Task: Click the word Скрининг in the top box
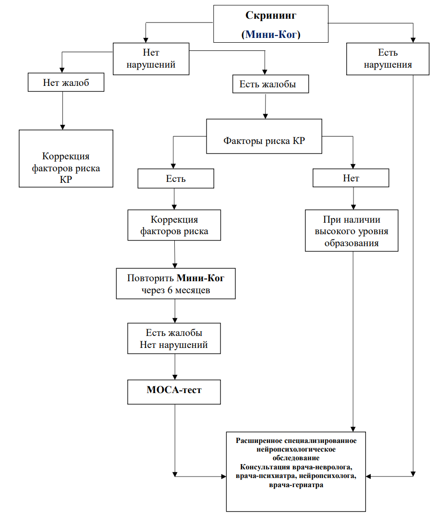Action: pyautogui.click(x=271, y=15)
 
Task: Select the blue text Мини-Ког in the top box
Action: pyautogui.click(x=271, y=34)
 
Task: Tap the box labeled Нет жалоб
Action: pyautogui.click(x=66, y=82)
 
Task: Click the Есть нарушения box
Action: pyautogui.click(x=388, y=59)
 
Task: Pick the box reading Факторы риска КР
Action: pyautogui.click(x=264, y=136)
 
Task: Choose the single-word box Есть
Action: pyautogui.click(x=176, y=179)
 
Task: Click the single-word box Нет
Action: pyautogui.click(x=351, y=178)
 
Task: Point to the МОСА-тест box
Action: pyautogui.click(x=174, y=392)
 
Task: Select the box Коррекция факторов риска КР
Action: pyautogui.click(x=66, y=158)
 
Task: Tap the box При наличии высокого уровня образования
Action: pyautogui.click(x=352, y=231)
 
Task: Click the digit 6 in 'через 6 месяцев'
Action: pyautogui.click(x=170, y=290)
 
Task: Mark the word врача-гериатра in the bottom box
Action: pyautogui.click(x=296, y=485)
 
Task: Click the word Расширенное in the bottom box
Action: pyautogui.click(x=259, y=441)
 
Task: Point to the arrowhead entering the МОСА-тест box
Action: pyautogui.click(x=175, y=377)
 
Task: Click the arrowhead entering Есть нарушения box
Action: pyautogui.click(x=413, y=40)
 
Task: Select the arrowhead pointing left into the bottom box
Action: pyautogui.click(x=368, y=477)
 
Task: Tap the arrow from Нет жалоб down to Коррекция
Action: pyautogui.click(x=62, y=111)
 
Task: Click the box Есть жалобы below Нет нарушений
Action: pyautogui.click(x=270, y=84)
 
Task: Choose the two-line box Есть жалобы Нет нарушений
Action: pyautogui.click(x=174, y=338)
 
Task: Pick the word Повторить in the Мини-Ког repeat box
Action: pyautogui.click(x=150, y=278)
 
